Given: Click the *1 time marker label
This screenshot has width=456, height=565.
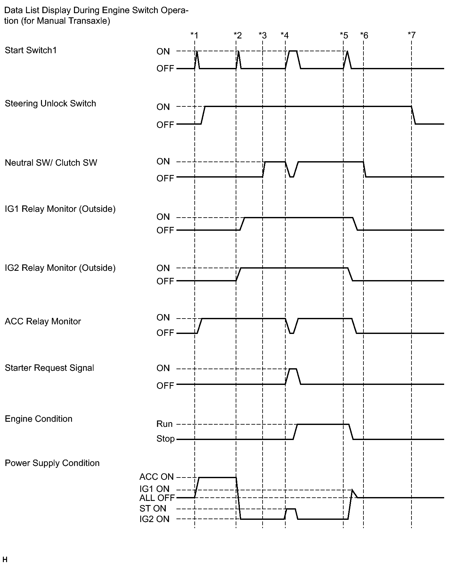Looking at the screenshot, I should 194,35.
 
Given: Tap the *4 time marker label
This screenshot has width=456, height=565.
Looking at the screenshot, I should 284,35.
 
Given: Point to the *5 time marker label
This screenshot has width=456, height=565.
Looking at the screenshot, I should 344,35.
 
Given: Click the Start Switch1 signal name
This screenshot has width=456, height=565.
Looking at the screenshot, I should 31,50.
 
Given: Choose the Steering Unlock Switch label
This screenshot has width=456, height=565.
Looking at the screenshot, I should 50,104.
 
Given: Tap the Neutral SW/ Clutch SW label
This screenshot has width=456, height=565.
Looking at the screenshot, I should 51,163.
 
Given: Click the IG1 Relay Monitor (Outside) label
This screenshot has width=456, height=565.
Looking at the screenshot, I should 60,209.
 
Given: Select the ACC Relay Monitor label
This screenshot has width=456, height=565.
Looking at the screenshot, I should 43,321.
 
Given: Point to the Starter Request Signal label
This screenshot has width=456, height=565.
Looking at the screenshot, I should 49,368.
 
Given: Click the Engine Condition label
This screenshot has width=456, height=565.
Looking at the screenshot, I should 38,419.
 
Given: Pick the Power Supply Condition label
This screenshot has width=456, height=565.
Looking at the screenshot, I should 52,463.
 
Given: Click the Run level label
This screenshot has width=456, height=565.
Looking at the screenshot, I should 165,424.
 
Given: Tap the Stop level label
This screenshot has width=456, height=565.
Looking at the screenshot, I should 166,439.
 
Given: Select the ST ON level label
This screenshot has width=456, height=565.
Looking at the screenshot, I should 153,508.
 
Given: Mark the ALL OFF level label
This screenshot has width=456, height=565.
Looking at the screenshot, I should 157,498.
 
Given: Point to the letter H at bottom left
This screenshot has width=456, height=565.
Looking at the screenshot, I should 4,560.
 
